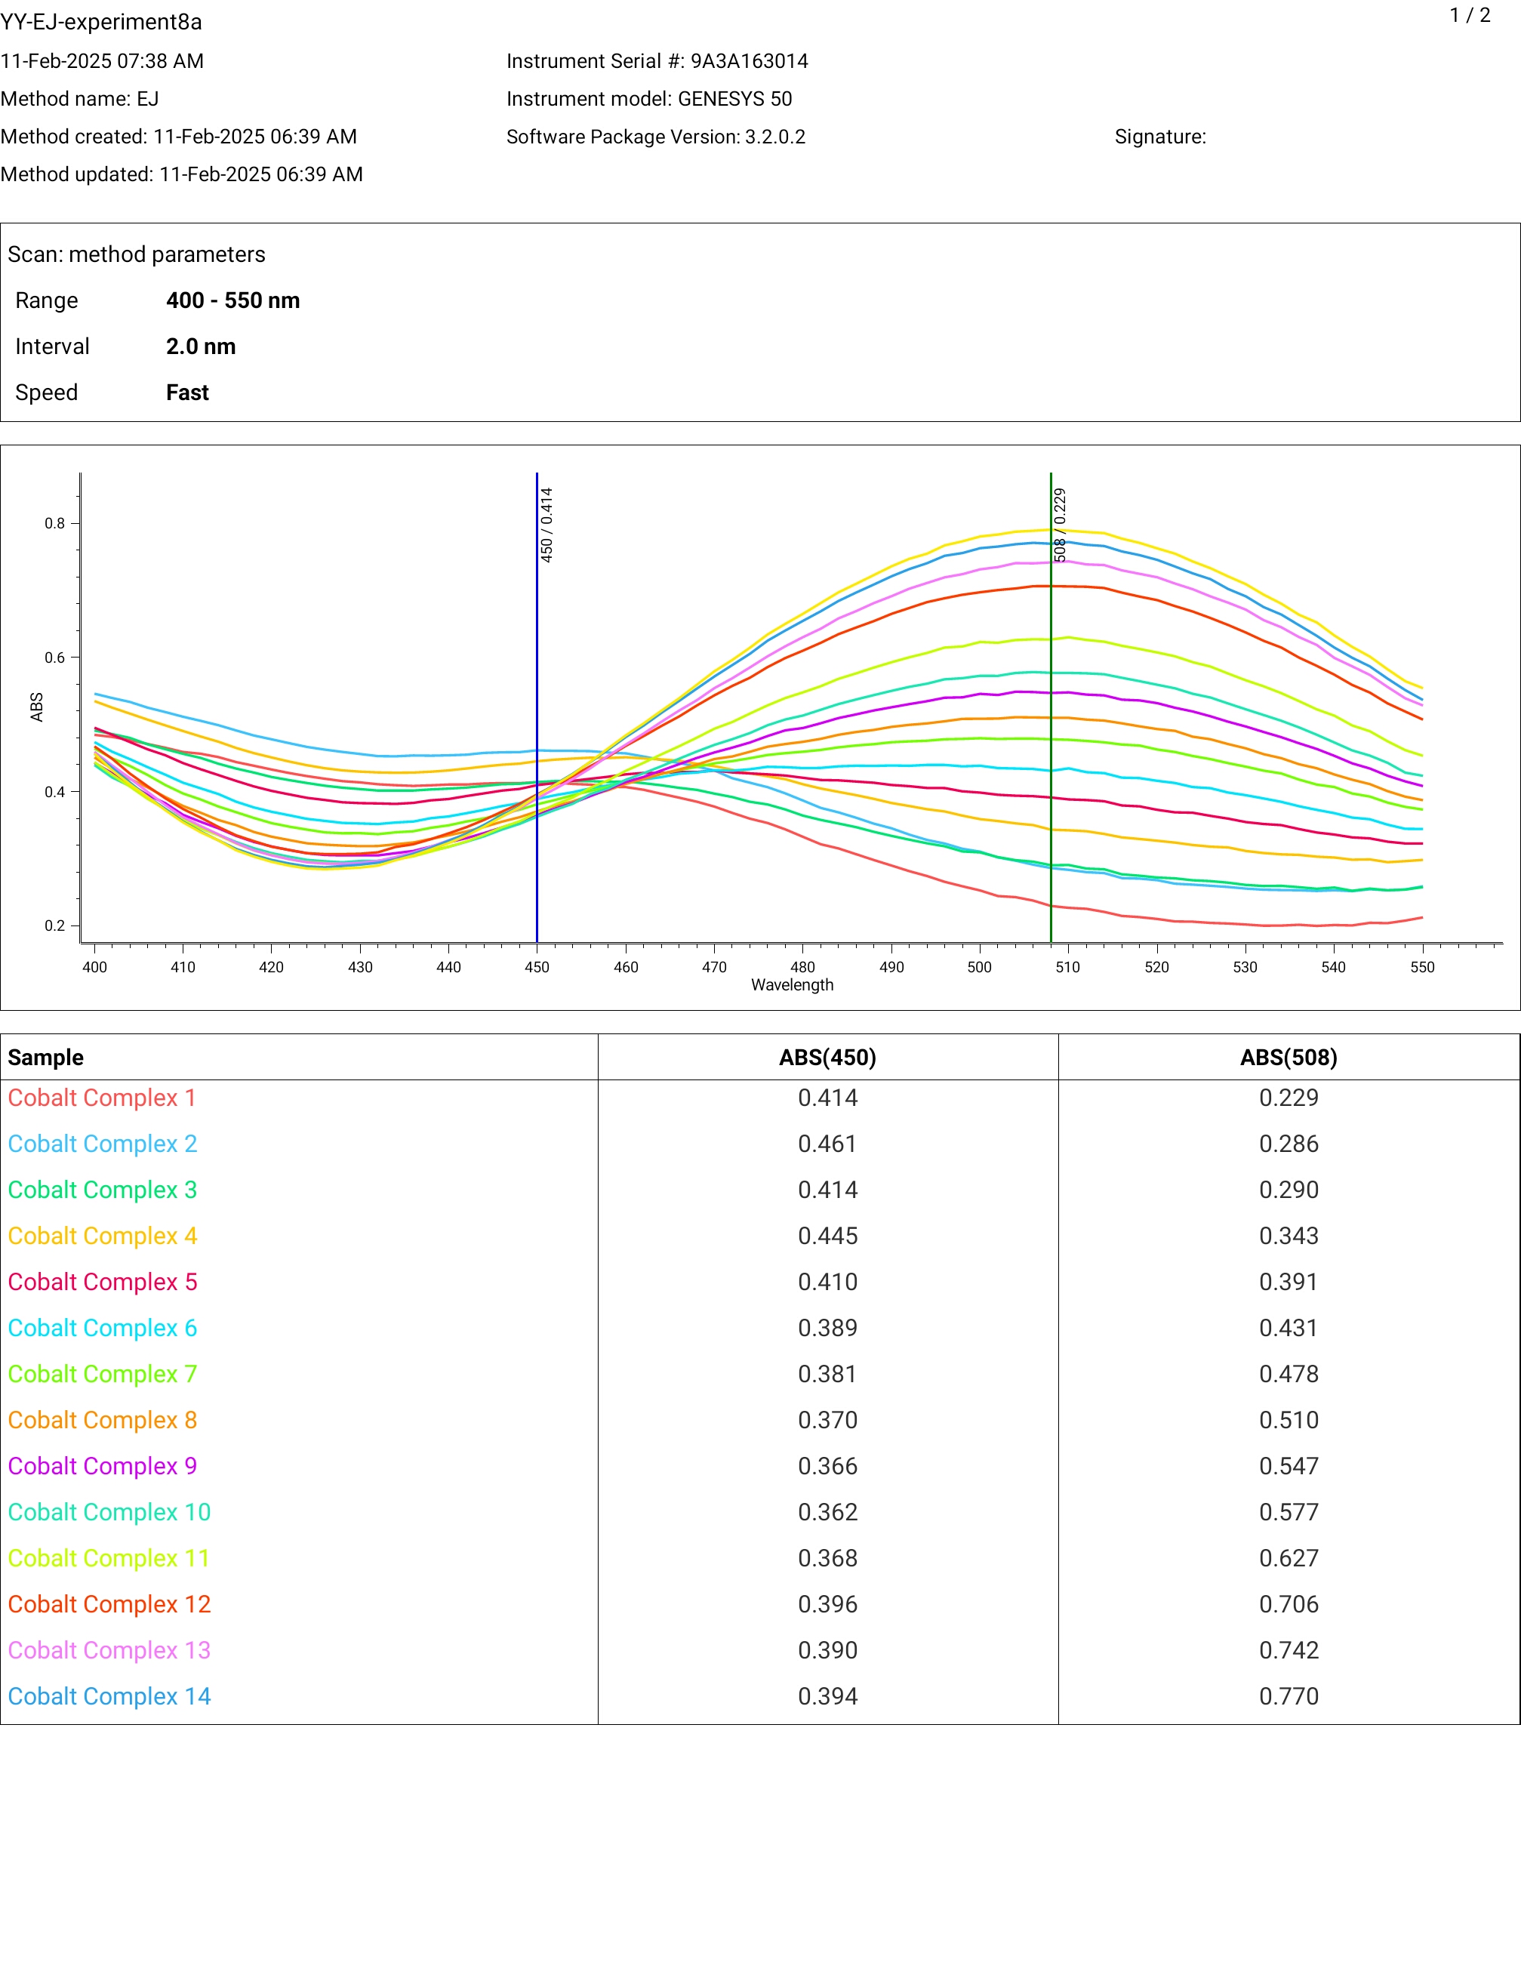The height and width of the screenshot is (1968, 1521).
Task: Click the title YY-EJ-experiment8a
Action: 101,22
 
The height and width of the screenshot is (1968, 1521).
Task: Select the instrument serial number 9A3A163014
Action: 749,61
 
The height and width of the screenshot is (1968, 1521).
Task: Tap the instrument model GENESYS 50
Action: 734,99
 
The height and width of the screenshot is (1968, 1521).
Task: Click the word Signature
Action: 1159,137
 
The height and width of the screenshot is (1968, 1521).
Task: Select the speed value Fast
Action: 187,392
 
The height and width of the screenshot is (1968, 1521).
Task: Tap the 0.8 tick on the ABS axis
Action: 55,524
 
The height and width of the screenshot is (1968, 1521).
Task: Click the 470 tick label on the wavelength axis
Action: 713,967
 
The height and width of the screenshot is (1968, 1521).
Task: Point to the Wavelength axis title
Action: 792,985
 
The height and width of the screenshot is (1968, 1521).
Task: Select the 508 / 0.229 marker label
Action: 1060,525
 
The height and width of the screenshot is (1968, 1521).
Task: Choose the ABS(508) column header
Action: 1289,1057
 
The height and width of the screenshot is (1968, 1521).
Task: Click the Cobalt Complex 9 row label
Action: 103,1466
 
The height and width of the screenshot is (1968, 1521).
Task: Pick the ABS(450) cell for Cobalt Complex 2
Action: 827,1144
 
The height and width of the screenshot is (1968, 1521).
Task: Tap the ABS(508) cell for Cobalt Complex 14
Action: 1289,1696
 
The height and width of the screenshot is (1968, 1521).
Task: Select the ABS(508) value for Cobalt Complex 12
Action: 1289,1604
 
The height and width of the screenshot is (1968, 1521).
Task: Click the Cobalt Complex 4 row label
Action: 103,1236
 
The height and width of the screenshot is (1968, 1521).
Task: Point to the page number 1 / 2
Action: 1470,15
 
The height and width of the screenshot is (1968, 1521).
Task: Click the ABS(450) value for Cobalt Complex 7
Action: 827,1373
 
